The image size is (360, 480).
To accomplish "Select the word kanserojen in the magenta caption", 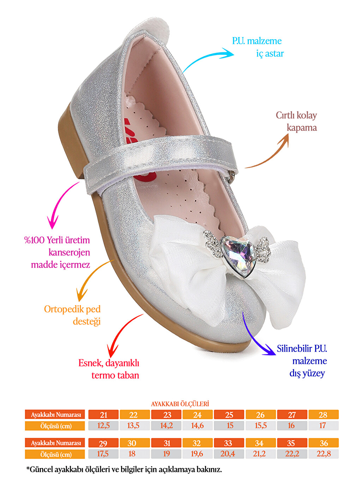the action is point(69,253).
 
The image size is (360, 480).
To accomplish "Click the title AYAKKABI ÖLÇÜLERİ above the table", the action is point(180,404).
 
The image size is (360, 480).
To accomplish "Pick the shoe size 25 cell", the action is point(229,415).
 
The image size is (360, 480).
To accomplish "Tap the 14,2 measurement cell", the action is point(166,426).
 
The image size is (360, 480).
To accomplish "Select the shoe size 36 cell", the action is point(324,443).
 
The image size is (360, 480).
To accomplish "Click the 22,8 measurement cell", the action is point(324,454).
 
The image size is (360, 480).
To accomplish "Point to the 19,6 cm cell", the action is point(197,454).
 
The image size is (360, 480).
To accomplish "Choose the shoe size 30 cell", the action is point(134,443).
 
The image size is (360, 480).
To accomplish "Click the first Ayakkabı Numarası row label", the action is point(55,415).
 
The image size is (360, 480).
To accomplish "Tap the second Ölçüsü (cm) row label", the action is point(55,454).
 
